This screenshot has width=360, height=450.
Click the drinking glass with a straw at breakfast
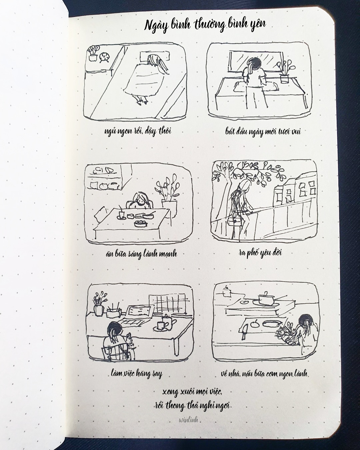click(121, 213)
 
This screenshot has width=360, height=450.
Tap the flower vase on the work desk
click(99, 306)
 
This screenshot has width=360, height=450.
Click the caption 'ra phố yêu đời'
click(260, 253)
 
